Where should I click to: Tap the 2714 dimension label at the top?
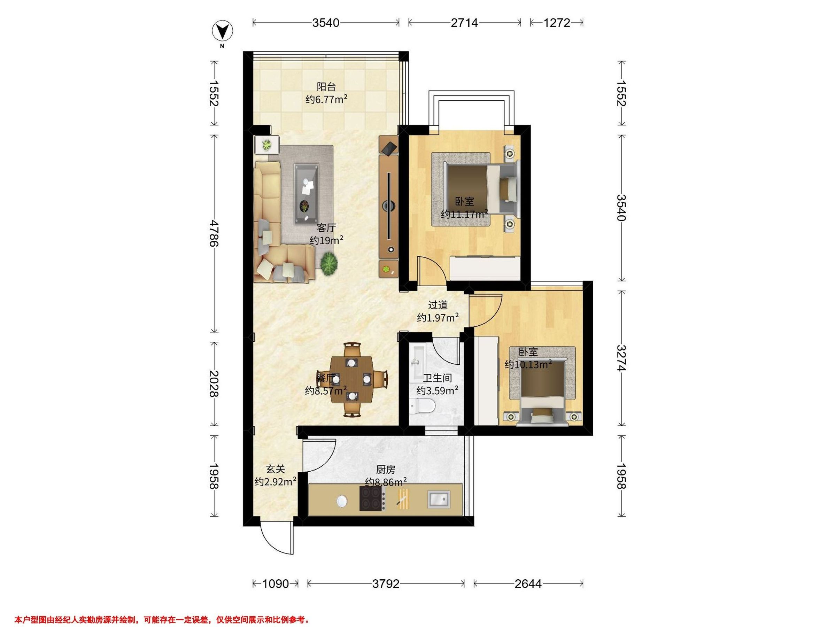click(x=464, y=23)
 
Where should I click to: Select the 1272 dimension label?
click(x=557, y=23)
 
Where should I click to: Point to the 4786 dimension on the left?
click(x=214, y=233)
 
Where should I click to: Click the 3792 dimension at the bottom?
click(x=386, y=584)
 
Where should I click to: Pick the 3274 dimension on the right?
click(x=622, y=358)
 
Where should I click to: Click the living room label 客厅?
click(x=326, y=228)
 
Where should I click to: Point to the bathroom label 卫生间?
click(x=437, y=378)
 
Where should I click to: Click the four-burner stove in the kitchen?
click(x=373, y=498)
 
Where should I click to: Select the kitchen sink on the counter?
click(x=439, y=500)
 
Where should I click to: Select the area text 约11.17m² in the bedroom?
click(x=464, y=214)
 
